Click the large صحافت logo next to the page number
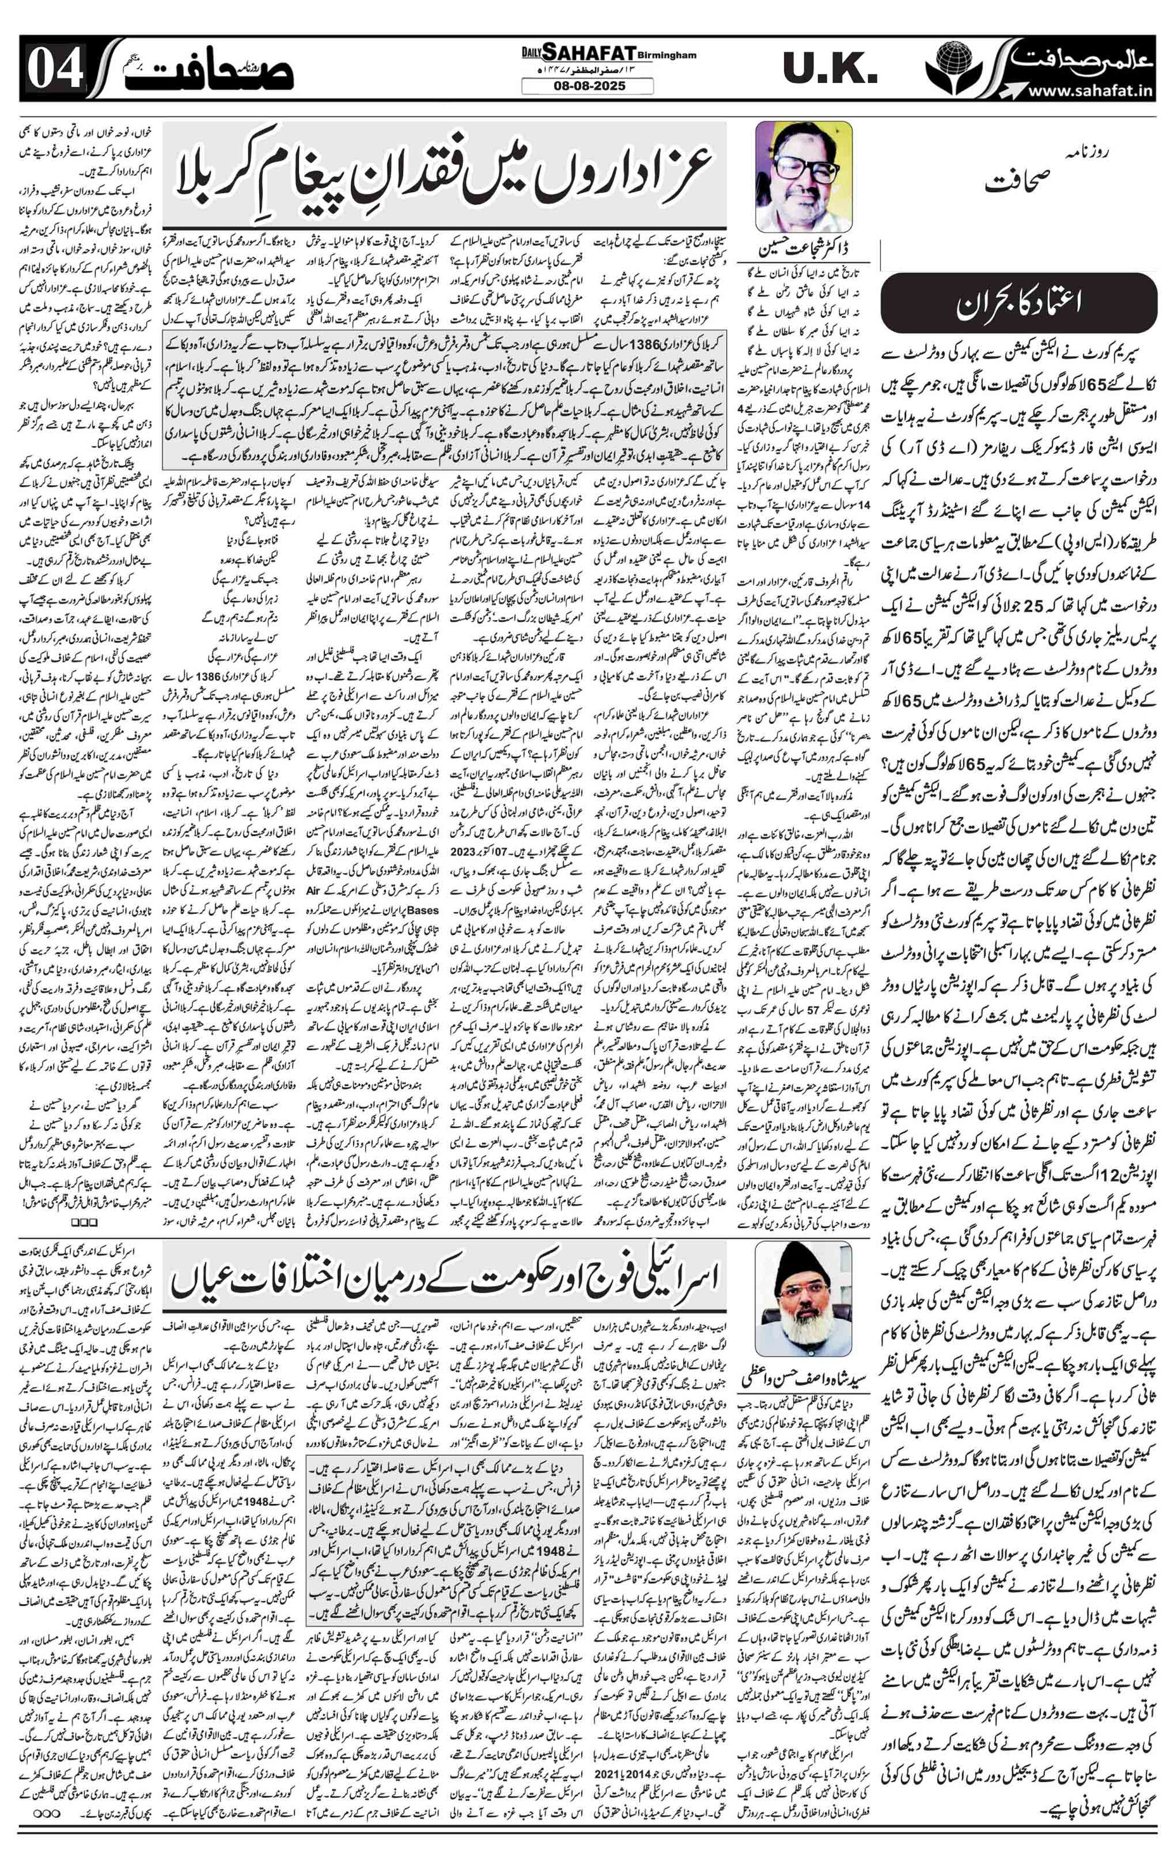pyautogui.click(x=225, y=70)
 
